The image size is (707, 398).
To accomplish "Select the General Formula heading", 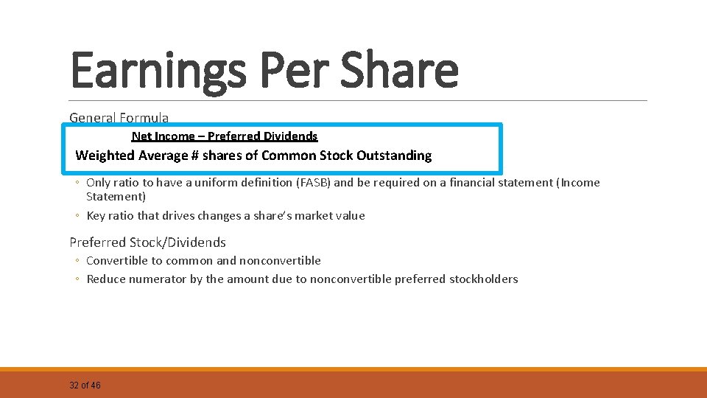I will pyautogui.click(x=119, y=117).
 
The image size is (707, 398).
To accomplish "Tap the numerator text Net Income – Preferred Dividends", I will pyautogui.click(x=225, y=136).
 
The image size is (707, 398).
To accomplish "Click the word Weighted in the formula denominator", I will pyautogui.click(x=105, y=156).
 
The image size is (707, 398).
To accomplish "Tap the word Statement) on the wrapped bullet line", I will pyautogui.click(x=116, y=197).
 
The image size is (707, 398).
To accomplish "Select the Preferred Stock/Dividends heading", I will pyautogui.click(x=147, y=242).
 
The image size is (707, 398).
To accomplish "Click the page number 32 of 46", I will pyautogui.click(x=85, y=385).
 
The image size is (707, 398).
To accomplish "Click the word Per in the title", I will pyautogui.click(x=289, y=70).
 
